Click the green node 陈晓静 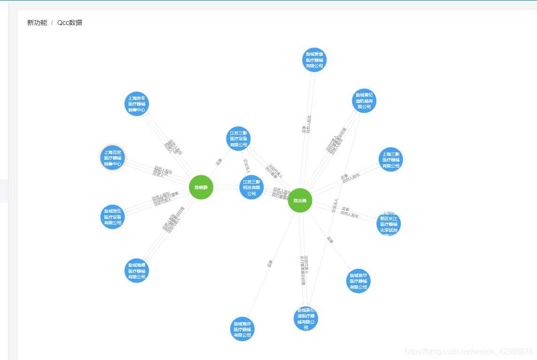pyautogui.click(x=201, y=187)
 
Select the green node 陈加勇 pyautogui.click(x=300, y=200)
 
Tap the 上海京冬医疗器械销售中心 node pyautogui.click(x=137, y=104)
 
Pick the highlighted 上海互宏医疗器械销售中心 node pyautogui.click(x=113, y=158)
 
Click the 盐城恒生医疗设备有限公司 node pyautogui.click(x=113, y=217)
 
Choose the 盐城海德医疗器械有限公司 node pyautogui.click(x=137, y=271)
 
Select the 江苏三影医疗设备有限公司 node pyautogui.click(x=238, y=139)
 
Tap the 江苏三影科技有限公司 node pyautogui.click(x=251, y=187)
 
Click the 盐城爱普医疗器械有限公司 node pyautogui.click(x=314, y=60)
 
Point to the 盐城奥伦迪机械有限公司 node pyautogui.click(x=364, y=101)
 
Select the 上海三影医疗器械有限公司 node pyautogui.click(x=391, y=160)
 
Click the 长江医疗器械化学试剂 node pyautogui.click(x=389, y=224)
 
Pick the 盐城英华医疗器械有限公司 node pyautogui.click(x=358, y=281)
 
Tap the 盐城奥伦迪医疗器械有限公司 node pyautogui.click(x=306, y=319)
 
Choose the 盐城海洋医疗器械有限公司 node pyautogui.click(x=242, y=329)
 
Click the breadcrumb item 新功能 pyautogui.click(x=37, y=23)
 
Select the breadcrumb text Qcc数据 pyautogui.click(x=70, y=23)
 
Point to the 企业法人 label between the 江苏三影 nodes pyautogui.click(x=246, y=165)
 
